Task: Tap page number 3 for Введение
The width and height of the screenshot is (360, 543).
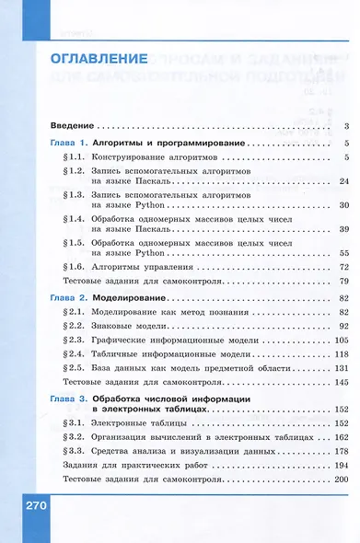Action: pos(343,126)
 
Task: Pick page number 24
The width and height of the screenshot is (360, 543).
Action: pos(341,182)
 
